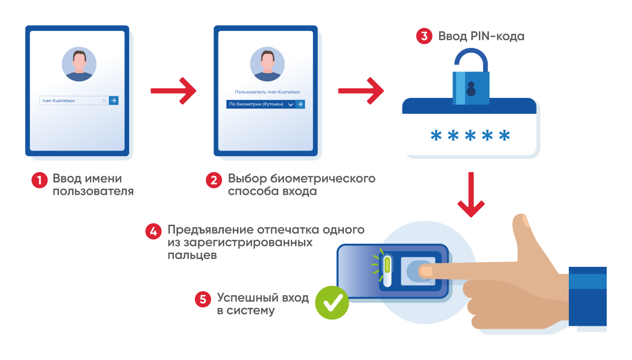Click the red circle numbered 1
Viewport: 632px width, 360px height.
(x=39, y=180)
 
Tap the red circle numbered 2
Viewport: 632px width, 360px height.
(x=214, y=180)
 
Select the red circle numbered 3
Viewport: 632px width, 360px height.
(x=424, y=36)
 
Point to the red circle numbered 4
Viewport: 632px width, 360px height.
(x=153, y=232)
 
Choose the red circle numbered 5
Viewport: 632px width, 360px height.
(x=203, y=299)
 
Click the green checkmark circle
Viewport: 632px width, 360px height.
(x=332, y=303)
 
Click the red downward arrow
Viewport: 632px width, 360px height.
(x=471, y=195)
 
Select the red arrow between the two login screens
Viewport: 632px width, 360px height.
(x=173, y=91)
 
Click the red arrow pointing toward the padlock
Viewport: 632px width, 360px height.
(x=361, y=91)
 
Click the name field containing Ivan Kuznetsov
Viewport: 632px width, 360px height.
(x=74, y=101)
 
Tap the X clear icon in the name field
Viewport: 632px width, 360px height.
(x=104, y=101)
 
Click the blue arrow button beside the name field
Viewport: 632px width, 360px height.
(x=114, y=101)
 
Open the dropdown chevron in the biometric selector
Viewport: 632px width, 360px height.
(x=291, y=105)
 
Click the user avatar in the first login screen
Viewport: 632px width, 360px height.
(x=79, y=64)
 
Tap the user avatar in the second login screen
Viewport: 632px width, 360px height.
(x=267, y=64)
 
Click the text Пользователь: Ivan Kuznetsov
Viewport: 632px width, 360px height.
(x=268, y=92)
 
